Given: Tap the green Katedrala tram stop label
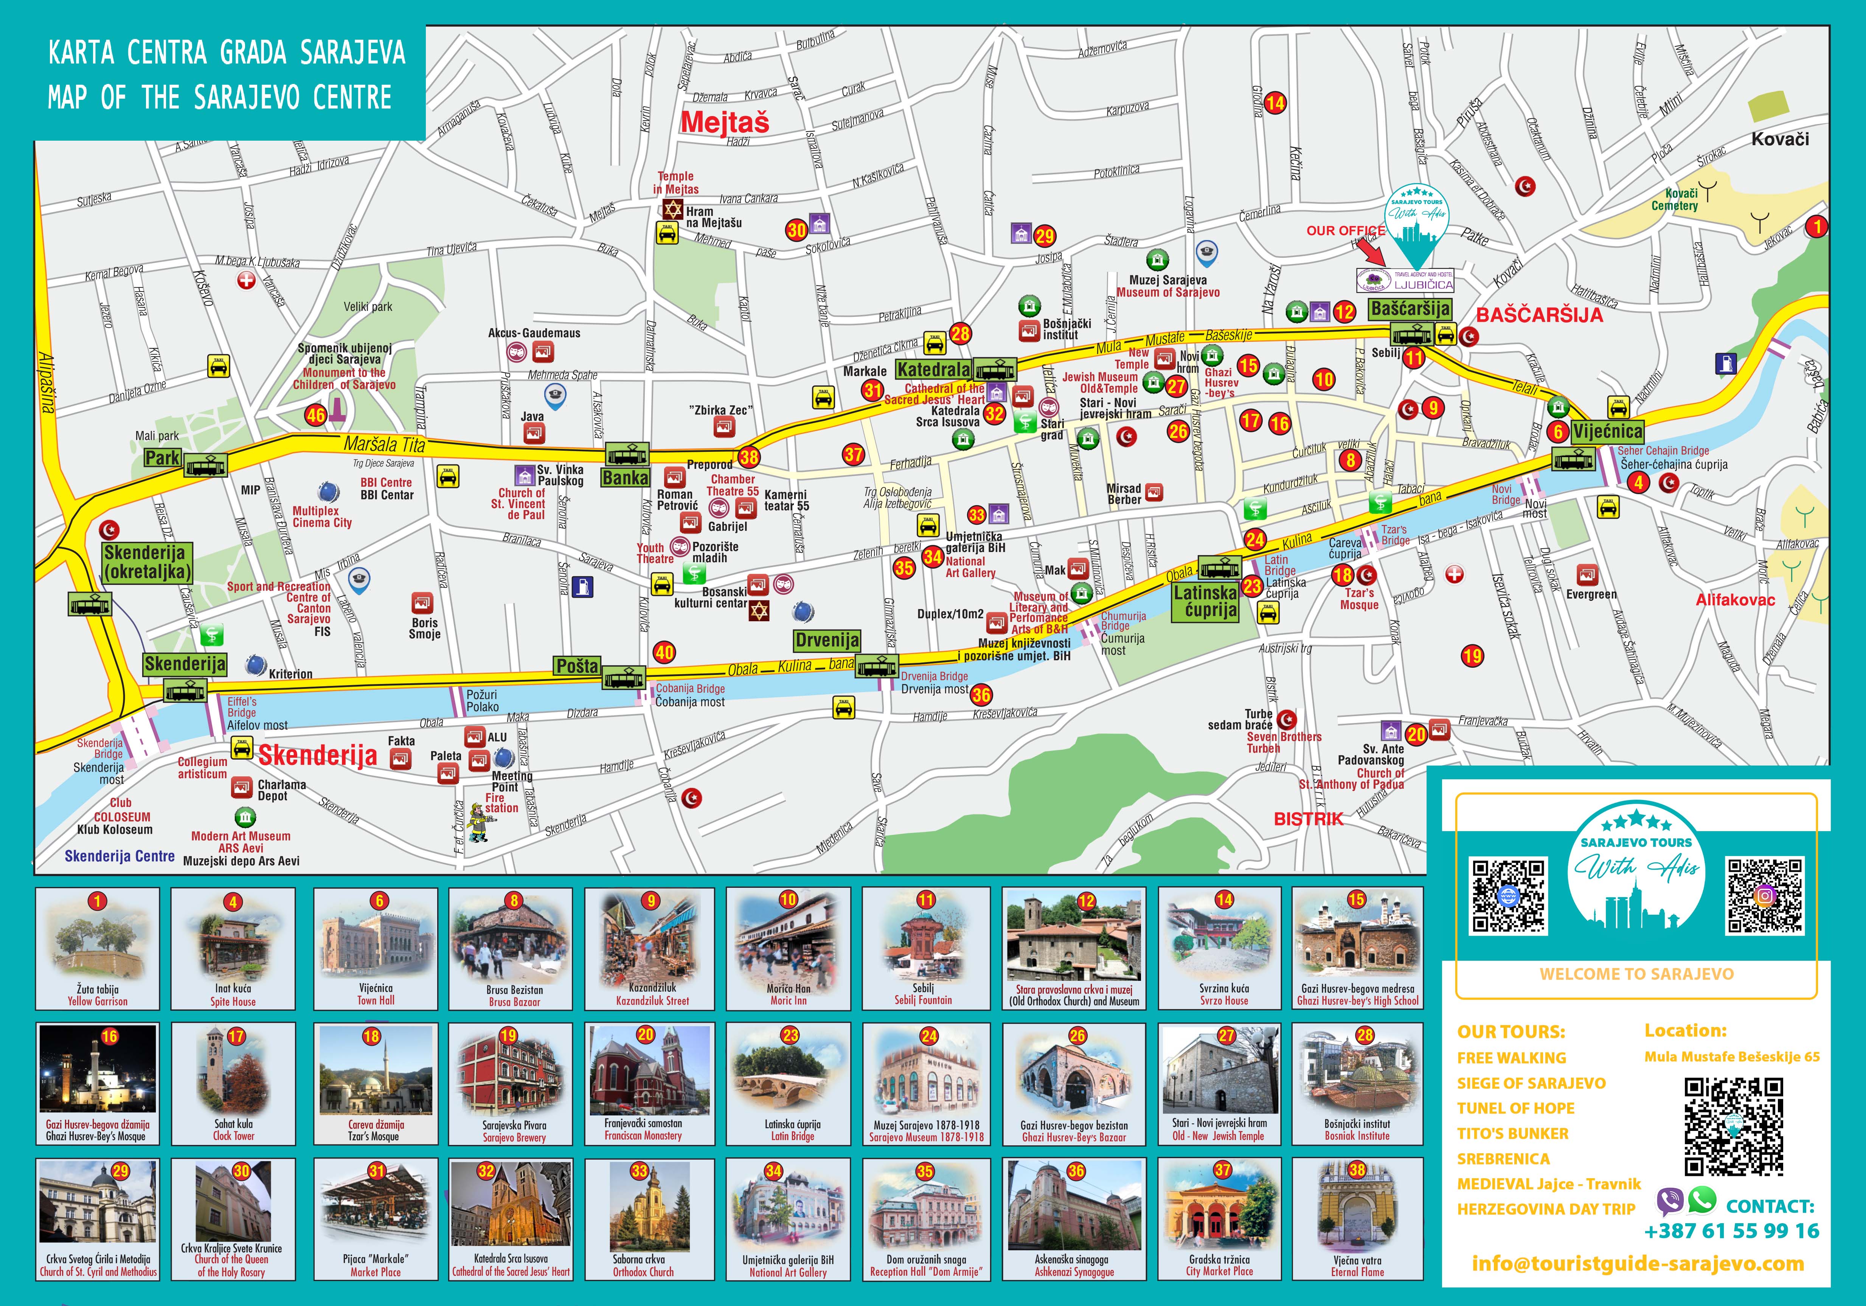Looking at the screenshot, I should [933, 370].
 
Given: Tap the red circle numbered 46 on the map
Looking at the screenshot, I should [315, 415].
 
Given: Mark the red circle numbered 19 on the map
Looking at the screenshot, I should [1472, 656].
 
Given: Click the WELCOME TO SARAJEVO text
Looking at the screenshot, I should [1636, 974].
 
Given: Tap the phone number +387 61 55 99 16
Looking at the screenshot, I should [1731, 1231].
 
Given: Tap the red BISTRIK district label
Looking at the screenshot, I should [1308, 819].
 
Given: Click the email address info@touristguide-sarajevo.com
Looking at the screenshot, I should [1638, 1264].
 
